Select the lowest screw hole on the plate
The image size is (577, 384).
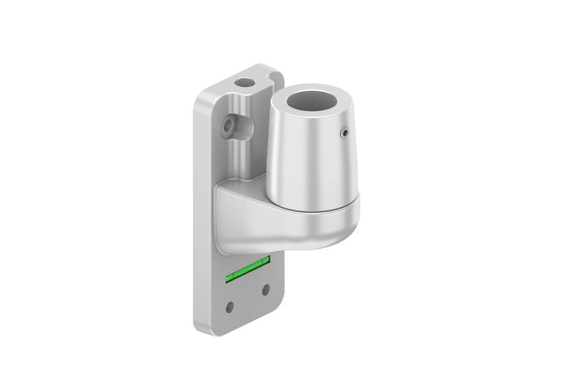(231, 305)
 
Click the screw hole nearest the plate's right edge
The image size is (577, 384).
(265, 288)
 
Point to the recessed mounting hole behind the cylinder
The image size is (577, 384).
(228, 126)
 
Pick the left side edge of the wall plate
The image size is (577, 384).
(197, 209)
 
